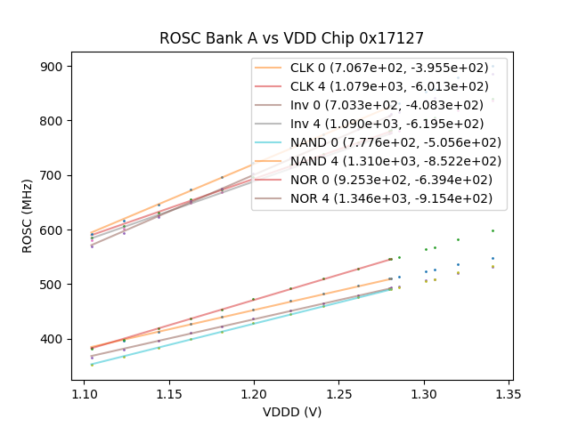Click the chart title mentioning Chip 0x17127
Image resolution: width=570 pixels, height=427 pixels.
pos(291,38)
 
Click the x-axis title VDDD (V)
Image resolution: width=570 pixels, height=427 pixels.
pos(291,412)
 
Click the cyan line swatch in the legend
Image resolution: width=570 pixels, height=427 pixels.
pos(268,142)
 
